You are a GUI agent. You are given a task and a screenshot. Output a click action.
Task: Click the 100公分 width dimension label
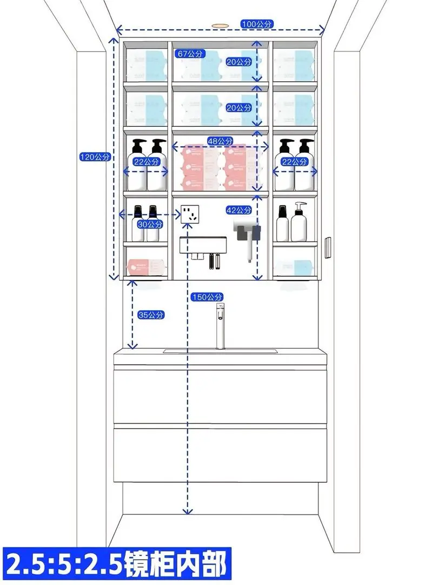(x=257, y=24)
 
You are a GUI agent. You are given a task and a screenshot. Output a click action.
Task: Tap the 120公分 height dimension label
(x=95, y=157)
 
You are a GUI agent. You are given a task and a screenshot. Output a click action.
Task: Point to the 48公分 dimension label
(x=220, y=141)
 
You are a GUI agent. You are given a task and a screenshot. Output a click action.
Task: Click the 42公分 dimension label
(x=238, y=210)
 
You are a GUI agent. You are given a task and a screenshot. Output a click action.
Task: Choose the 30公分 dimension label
(x=150, y=224)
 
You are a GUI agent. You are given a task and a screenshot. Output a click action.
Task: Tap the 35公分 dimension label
(x=151, y=315)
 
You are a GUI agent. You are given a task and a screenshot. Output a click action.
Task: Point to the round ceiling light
(x=219, y=25)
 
